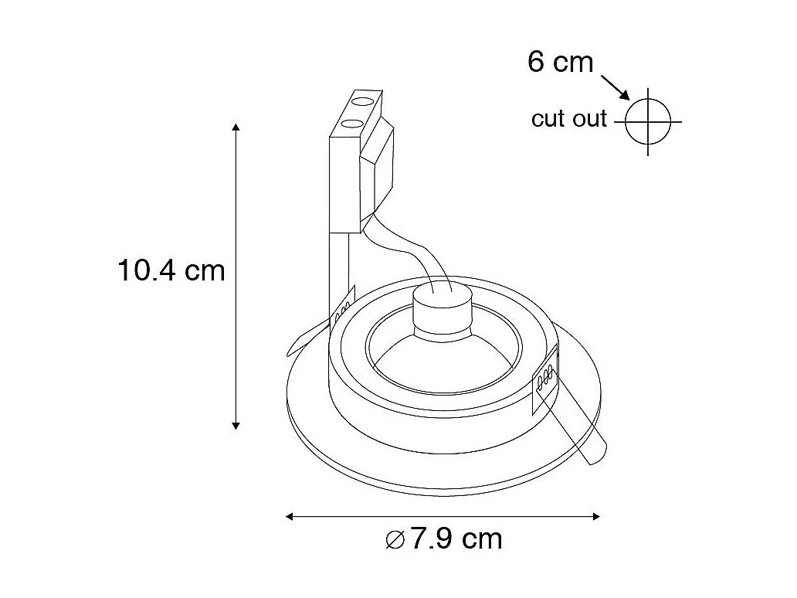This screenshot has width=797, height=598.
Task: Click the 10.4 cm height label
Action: coord(171,270)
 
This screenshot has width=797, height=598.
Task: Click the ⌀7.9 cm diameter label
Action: coord(443,539)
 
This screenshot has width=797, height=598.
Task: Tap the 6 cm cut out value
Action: coord(560,61)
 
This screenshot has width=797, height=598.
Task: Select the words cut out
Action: coord(569,119)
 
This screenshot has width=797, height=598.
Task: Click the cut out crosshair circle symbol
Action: coord(647,121)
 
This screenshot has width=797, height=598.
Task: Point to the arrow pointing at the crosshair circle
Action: coord(616,86)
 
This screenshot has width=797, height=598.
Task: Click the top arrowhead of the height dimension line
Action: coord(236,127)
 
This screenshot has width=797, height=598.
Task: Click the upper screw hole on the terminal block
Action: coord(360,100)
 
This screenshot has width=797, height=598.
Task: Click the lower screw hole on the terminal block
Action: coord(349,122)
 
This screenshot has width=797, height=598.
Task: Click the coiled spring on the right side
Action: coord(544,378)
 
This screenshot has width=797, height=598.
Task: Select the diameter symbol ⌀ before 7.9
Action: coord(395,539)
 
